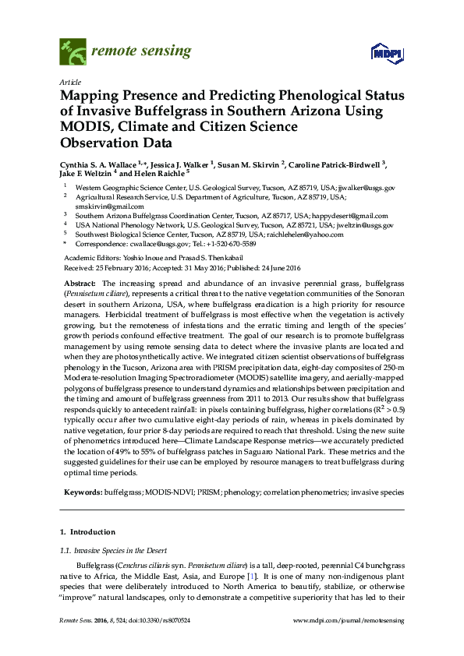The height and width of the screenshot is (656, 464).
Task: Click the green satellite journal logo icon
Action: (x=74, y=52)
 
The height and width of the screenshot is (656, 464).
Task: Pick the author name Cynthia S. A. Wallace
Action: (x=97, y=165)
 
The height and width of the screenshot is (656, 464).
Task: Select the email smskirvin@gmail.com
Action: (x=102, y=206)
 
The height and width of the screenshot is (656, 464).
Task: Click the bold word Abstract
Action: (x=79, y=284)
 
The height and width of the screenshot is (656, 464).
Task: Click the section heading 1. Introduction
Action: (x=87, y=532)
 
